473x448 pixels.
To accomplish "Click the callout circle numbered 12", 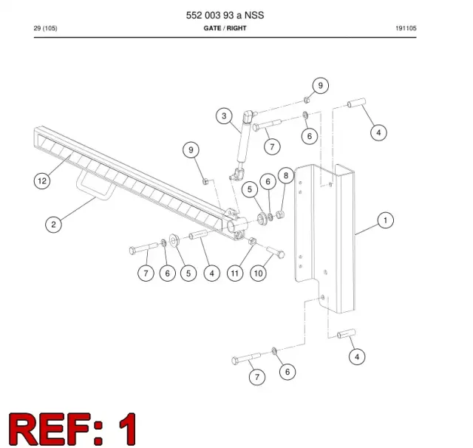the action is (x=42, y=181).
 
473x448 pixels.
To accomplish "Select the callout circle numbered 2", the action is (x=53, y=225).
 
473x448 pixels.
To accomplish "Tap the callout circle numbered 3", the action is (x=224, y=116).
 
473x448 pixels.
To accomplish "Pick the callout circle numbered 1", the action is (x=385, y=220).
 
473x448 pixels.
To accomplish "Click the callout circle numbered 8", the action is (x=286, y=175).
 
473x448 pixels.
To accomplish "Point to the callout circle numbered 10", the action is (x=258, y=274).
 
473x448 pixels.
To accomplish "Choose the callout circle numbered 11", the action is (x=235, y=274).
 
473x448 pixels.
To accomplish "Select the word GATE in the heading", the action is (x=212, y=28).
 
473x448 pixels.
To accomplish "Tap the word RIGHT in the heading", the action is (x=236, y=28).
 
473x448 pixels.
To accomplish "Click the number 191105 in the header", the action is (x=406, y=28).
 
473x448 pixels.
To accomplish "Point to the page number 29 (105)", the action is (x=45, y=28).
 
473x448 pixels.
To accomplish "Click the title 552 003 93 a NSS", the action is (x=225, y=15).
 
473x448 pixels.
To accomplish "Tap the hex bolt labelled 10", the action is (x=276, y=252).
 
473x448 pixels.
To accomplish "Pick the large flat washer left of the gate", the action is (x=174, y=240).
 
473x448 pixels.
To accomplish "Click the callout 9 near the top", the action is (x=320, y=86).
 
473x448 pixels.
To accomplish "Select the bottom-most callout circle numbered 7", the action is (x=257, y=377).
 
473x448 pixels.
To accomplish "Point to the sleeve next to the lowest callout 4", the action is (x=347, y=333).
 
